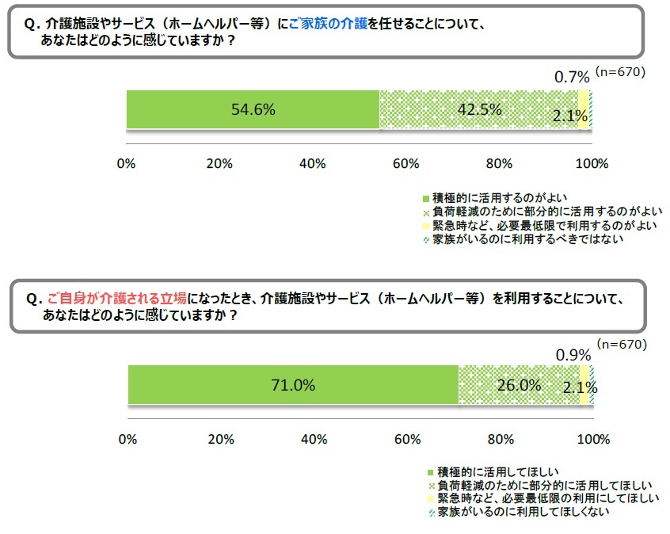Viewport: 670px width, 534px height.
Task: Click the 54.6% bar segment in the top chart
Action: (x=253, y=110)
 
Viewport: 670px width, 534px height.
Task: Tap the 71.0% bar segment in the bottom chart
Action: (x=292, y=386)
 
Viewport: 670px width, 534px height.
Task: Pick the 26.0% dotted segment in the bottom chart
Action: (x=519, y=386)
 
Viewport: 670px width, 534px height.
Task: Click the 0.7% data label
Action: (x=572, y=77)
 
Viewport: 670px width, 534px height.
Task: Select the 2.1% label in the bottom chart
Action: (x=579, y=387)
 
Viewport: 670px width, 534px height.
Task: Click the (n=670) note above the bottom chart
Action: (x=621, y=345)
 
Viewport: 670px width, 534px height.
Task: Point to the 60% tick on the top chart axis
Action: (x=405, y=164)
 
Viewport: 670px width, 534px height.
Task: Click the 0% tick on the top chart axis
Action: (x=127, y=164)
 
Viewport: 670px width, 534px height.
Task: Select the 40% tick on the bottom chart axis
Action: (x=314, y=439)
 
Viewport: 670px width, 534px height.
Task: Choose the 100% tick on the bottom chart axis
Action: (x=592, y=439)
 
